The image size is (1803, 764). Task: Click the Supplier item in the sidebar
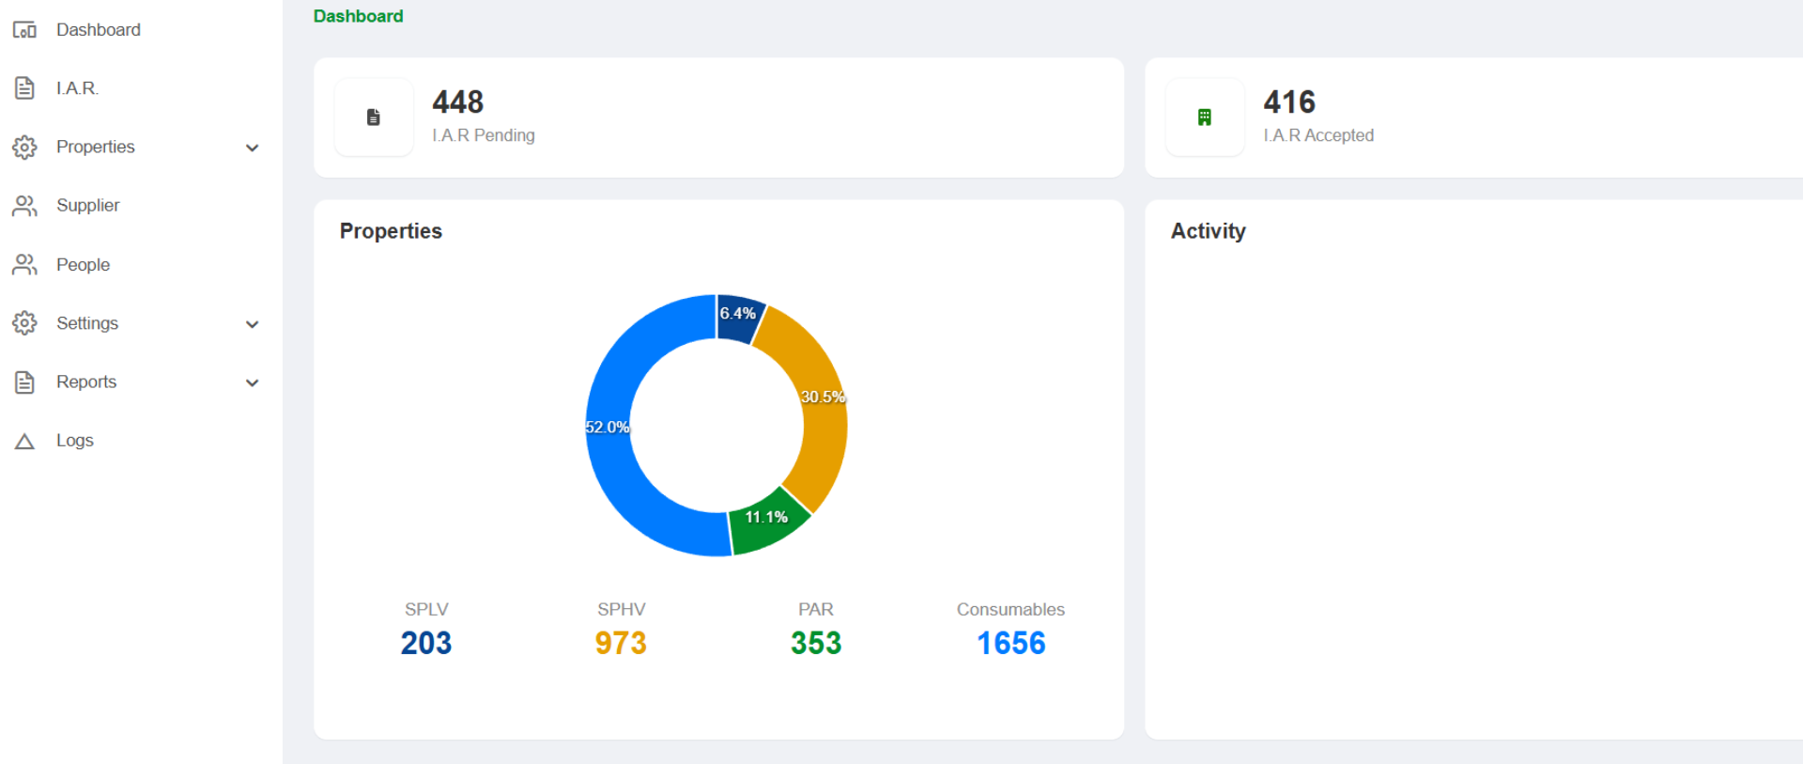click(x=87, y=206)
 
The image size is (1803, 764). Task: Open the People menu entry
click(x=83, y=265)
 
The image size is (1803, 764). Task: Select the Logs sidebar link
click(x=74, y=441)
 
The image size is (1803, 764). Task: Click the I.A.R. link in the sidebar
click(x=77, y=88)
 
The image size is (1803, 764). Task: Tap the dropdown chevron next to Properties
click(x=252, y=148)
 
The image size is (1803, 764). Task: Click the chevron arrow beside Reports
click(x=252, y=382)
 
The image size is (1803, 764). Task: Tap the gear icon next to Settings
click(x=24, y=323)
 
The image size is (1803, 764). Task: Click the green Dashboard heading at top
click(x=358, y=16)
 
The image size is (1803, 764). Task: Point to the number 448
click(x=457, y=101)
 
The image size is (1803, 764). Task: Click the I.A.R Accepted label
click(x=1318, y=135)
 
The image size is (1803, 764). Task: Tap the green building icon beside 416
click(x=1204, y=117)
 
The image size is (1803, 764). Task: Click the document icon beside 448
click(x=373, y=117)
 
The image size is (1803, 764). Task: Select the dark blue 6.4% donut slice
click(x=738, y=318)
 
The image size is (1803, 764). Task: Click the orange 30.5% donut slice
click(x=815, y=404)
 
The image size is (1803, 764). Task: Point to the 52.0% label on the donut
click(x=608, y=428)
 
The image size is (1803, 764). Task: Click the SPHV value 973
click(x=621, y=643)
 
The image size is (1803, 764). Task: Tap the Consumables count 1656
click(x=1010, y=643)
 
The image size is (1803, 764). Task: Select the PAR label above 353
click(x=815, y=609)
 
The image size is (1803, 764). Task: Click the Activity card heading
click(x=1208, y=231)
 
